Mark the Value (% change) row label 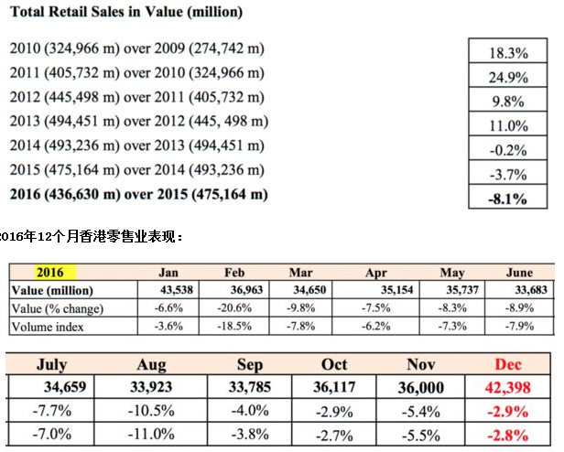click(x=57, y=308)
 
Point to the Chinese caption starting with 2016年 click(x=92, y=236)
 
